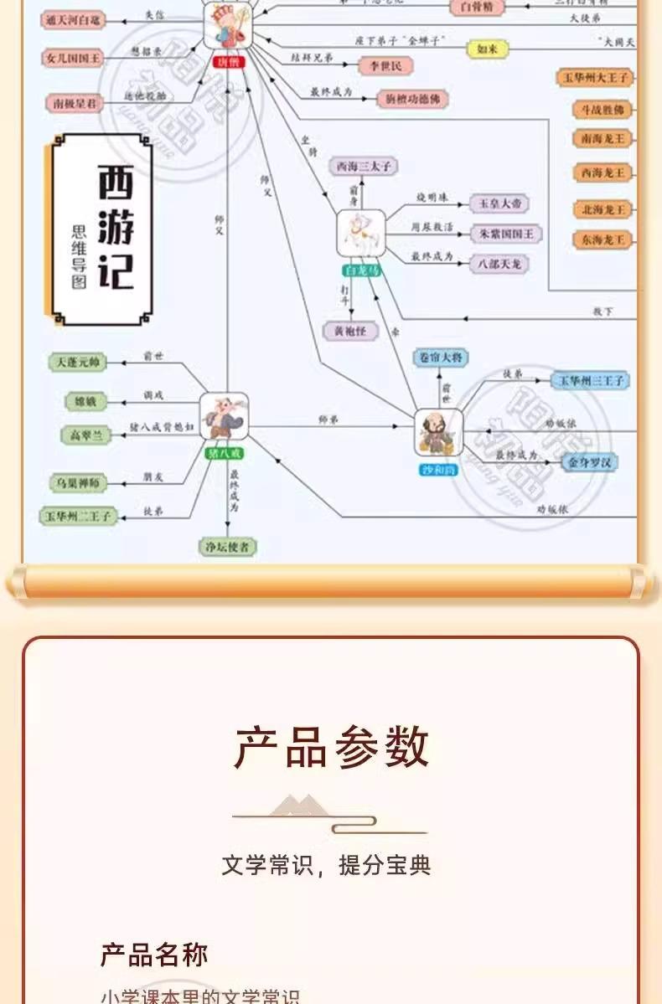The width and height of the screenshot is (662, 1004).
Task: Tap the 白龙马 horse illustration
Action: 361,234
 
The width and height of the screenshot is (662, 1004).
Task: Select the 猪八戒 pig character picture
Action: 224,416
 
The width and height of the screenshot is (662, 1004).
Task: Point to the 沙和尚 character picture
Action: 439,433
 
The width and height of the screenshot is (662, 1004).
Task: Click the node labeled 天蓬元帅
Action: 78,362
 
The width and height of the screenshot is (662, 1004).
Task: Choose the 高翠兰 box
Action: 85,435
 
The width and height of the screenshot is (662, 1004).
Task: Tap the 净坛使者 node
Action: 227,548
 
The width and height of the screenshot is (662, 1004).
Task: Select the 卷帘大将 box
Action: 441,358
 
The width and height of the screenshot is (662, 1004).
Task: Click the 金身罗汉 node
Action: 588,461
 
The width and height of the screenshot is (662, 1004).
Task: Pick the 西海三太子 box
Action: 363,167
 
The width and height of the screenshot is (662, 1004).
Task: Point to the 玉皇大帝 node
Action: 499,203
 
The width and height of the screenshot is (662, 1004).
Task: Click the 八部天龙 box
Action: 499,263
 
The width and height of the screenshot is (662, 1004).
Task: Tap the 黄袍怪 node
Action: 350,330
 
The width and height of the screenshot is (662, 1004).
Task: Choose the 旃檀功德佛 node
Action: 411,99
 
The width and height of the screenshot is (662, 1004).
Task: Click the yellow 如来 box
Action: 487,49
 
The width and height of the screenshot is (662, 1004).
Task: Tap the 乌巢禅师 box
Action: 78,482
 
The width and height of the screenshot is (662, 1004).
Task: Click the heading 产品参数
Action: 331,748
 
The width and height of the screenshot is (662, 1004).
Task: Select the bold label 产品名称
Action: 154,955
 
